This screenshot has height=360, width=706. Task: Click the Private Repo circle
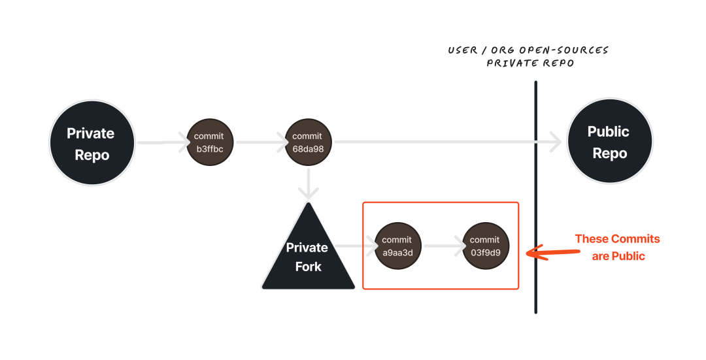point(92,142)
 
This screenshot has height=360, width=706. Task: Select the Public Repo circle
point(609,142)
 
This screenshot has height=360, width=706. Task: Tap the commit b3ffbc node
point(209,142)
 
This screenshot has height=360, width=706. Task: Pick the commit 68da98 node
point(308,142)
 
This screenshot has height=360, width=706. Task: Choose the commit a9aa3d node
point(397,246)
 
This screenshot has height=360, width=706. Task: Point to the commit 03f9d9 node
point(485,246)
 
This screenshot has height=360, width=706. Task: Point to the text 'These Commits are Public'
point(618,248)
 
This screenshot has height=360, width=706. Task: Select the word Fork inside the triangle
point(308,267)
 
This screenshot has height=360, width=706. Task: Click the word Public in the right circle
point(609,132)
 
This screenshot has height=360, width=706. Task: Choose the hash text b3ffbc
point(209,149)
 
